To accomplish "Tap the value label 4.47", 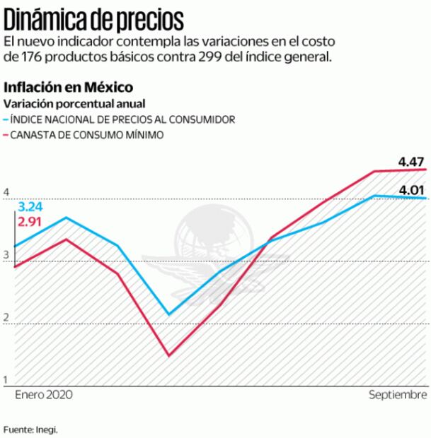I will tap(411, 162).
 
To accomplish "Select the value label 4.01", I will tap(411, 189).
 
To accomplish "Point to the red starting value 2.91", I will tap(31, 222).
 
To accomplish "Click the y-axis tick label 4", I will tap(6, 192).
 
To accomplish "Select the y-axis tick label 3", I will tap(6, 255).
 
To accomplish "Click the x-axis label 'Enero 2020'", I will tap(43, 393).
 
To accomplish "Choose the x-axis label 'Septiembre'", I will tap(398, 393).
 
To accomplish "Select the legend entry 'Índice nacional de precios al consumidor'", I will tap(122, 120).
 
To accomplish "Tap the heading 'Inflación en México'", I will tap(69, 88).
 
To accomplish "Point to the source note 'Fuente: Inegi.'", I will tap(30, 429).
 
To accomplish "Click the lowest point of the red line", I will tap(168, 355).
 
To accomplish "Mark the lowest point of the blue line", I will tap(168, 314).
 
